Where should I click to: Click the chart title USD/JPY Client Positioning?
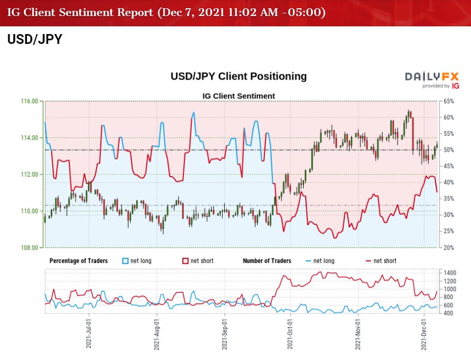click(238, 76)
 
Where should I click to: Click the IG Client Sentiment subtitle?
click(238, 96)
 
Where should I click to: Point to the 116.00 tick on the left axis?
click(29, 101)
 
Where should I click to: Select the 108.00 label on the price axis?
click(29, 247)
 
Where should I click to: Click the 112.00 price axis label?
click(29, 175)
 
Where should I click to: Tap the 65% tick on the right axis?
click(448, 101)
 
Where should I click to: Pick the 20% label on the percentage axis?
click(448, 247)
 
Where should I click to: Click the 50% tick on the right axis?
click(448, 150)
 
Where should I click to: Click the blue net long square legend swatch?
click(125, 261)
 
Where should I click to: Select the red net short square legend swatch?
click(186, 261)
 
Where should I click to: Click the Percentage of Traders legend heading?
click(78, 261)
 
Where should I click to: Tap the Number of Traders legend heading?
click(267, 261)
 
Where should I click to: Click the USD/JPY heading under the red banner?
click(35, 40)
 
